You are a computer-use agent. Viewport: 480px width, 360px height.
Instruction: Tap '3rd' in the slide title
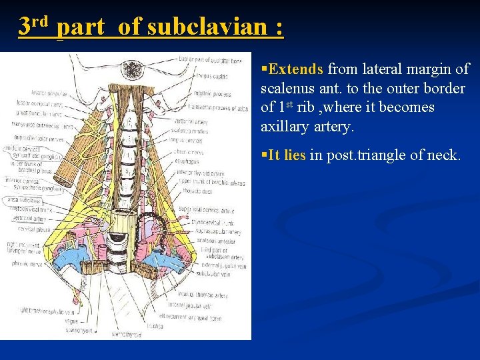coord(34,27)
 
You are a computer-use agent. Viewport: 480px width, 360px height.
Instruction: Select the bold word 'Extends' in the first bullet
coord(295,69)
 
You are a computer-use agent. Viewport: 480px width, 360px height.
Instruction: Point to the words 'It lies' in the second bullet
coord(287,155)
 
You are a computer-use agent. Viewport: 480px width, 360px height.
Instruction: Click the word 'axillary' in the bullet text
coord(285,126)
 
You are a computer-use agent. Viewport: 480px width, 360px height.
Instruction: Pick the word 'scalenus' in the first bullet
coord(288,88)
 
